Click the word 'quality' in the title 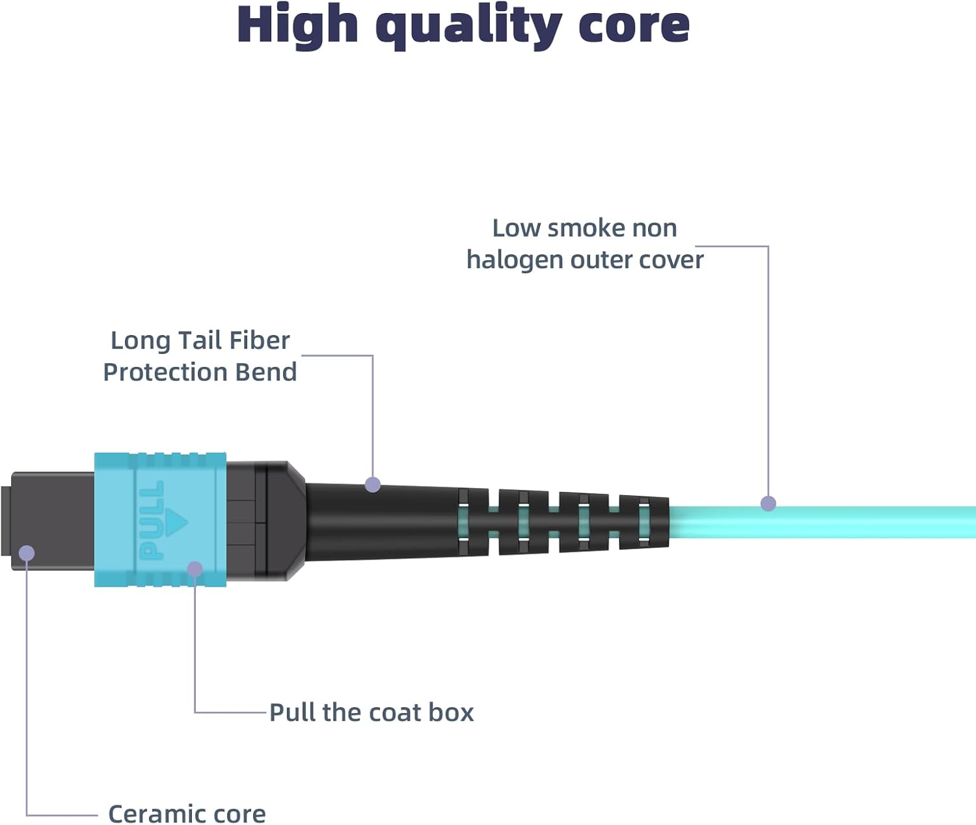(468, 26)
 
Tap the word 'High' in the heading (297, 26)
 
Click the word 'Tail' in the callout (200, 340)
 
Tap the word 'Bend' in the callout (265, 372)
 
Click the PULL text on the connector (152, 521)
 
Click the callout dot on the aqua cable (768, 503)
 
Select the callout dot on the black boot (373, 484)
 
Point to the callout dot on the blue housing (195, 569)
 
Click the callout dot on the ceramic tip (27, 553)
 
